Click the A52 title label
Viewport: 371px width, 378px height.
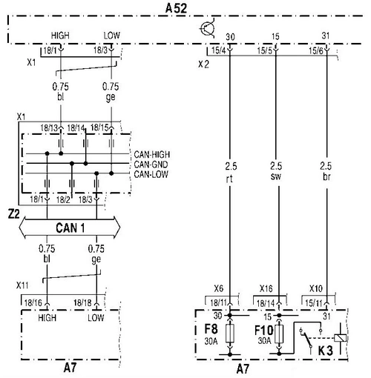click(176, 8)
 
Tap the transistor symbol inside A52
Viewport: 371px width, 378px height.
click(207, 28)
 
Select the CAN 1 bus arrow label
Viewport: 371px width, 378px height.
click(70, 228)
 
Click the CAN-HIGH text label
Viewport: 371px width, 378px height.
click(152, 154)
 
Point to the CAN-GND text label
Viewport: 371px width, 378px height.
click(151, 165)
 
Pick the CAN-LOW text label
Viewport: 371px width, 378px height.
click(151, 174)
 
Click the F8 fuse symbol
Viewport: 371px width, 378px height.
click(230, 334)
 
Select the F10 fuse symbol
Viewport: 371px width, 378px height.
click(279, 334)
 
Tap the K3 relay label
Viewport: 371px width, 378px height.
click(325, 351)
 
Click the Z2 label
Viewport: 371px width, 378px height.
click(14, 214)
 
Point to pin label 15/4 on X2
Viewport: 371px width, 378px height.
click(219, 50)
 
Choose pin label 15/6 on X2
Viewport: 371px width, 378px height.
click(316, 51)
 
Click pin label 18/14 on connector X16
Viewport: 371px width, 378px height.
click(266, 303)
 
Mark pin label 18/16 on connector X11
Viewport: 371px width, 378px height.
click(33, 302)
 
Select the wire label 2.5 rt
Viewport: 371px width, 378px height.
click(231, 172)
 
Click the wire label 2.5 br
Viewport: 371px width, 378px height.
click(326, 171)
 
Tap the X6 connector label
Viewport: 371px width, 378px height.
click(219, 288)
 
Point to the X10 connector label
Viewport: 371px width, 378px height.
click(316, 288)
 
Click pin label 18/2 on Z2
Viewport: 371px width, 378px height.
click(63, 199)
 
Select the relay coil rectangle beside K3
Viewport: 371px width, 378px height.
click(341, 338)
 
